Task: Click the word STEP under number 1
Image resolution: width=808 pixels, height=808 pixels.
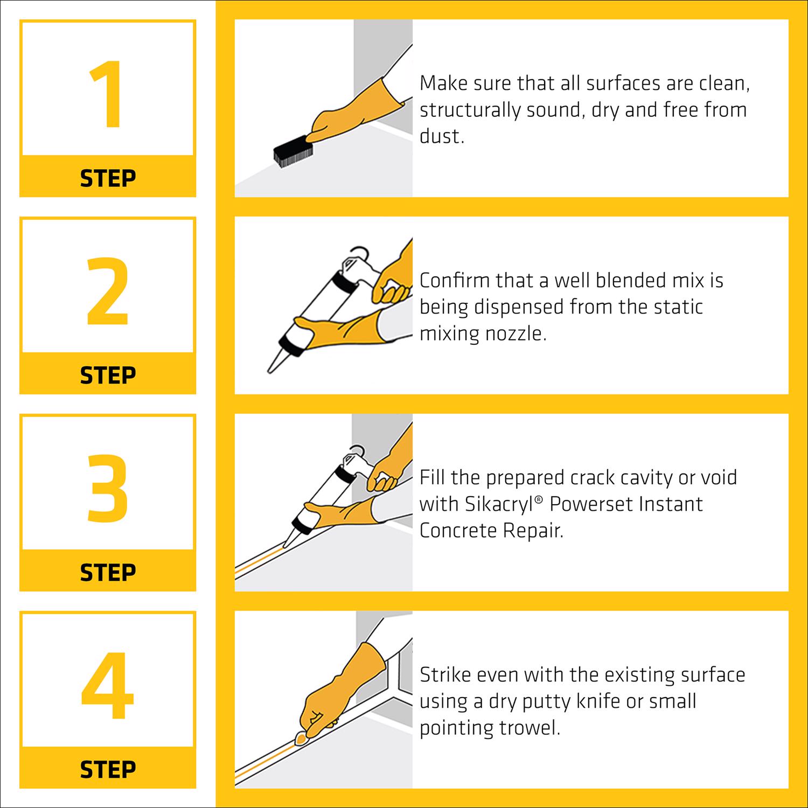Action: pyautogui.click(x=108, y=178)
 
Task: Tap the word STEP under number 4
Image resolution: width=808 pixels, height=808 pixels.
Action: pyautogui.click(x=108, y=770)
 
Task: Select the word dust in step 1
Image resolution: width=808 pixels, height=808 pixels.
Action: pyautogui.click(x=442, y=136)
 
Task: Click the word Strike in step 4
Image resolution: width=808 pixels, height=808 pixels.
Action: pyautogui.click(x=445, y=675)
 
